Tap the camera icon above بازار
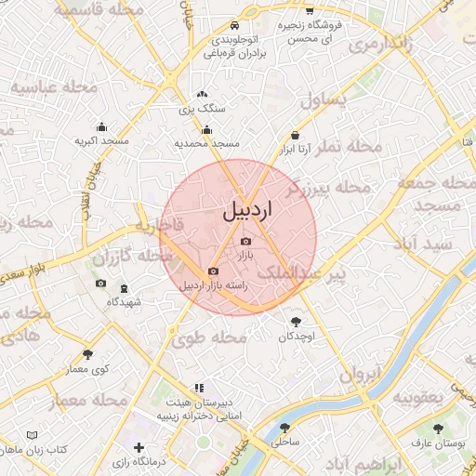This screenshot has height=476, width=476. (x=245, y=242)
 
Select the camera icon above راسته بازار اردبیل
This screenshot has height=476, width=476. (x=213, y=271)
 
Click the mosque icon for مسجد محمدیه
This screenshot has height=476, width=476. (x=206, y=130)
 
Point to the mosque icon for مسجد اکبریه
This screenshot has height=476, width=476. (x=100, y=127)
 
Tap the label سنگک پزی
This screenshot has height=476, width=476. (x=202, y=109)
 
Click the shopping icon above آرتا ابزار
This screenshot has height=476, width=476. (x=295, y=135)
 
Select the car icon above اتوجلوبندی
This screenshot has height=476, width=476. (x=235, y=25)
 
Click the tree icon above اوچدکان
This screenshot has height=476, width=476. (x=297, y=321)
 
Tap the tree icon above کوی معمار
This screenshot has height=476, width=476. (x=88, y=353)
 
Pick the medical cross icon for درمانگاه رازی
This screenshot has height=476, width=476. (x=139, y=448)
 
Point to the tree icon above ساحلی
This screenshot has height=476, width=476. (x=285, y=429)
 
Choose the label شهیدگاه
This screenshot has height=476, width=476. (x=124, y=301)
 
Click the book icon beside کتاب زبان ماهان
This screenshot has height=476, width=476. (x=33, y=434)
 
